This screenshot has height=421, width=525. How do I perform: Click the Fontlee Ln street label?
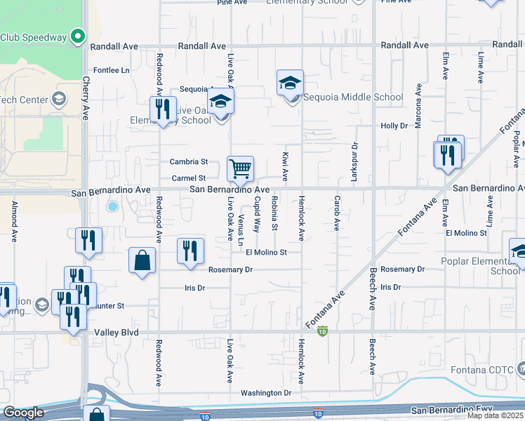point(112,71)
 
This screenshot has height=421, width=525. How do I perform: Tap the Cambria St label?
point(189,161)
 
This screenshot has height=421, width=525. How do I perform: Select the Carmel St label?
point(188,178)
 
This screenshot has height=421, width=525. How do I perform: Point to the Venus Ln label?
point(241,229)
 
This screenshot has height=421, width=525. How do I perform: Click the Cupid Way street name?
point(257,215)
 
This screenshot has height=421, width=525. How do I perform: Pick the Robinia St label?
point(274,214)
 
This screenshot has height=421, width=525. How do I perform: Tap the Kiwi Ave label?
point(286,164)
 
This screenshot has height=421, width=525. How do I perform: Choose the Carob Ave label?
point(337,214)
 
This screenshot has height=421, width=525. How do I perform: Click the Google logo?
point(23,413)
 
